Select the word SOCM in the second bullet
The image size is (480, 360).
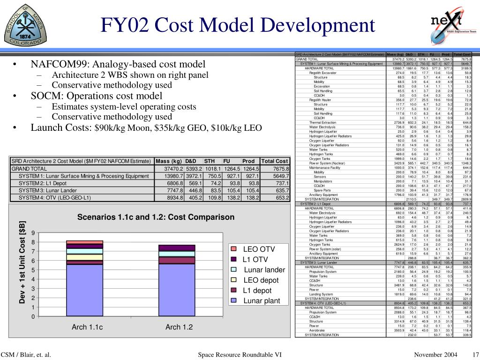pos(46,96)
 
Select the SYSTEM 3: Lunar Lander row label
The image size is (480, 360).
pos(48,190)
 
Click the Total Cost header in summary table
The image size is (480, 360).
pos(275,161)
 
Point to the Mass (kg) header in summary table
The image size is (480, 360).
pos(169,161)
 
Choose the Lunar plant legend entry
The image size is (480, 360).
pos(262,301)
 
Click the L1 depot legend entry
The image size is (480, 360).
pos(257,291)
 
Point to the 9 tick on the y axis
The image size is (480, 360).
pos(33,233)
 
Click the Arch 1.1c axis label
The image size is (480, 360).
pos(87,327)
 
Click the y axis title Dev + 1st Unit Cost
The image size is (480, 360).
pos(22,262)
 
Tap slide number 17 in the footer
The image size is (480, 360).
pos(475,354)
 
